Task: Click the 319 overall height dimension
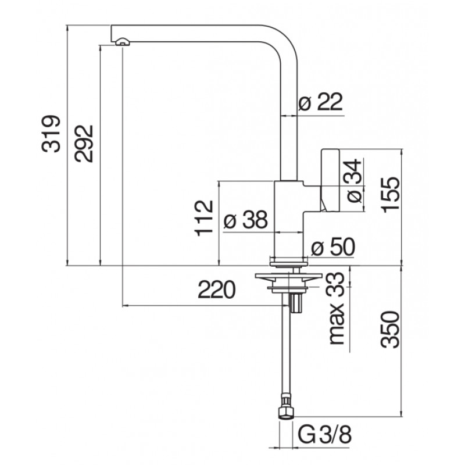(x=51, y=134)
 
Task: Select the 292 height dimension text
(x=84, y=144)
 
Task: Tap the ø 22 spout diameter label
(x=321, y=101)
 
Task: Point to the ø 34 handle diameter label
(x=354, y=181)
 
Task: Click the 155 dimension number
(x=391, y=195)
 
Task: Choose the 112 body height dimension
(x=204, y=219)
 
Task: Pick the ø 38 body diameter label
(x=245, y=220)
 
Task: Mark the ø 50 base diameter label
(x=332, y=246)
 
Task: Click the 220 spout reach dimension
(x=216, y=289)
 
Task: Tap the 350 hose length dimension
(x=391, y=329)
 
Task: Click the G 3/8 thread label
(x=324, y=435)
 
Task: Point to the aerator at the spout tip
(x=122, y=42)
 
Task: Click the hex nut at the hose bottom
(x=285, y=413)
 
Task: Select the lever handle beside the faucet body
(x=330, y=181)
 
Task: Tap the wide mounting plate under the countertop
(x=288, y=276)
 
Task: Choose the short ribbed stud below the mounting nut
(x=296, y=302)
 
